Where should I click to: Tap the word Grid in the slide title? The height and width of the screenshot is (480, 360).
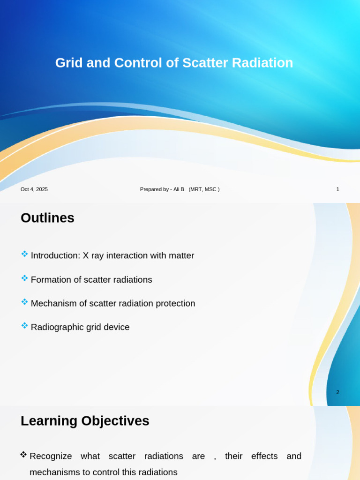tap(69, 63)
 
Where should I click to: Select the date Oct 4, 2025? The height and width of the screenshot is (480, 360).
tap(34, 189)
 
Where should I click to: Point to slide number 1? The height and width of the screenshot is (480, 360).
tap(337, 189)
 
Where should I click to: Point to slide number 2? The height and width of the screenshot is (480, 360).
tap(337, 392)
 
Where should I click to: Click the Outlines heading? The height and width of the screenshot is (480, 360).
tap(47, 218)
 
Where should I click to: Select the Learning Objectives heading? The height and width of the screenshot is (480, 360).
tap(85, 421)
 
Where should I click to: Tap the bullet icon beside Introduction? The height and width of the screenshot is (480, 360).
tap(24, 254)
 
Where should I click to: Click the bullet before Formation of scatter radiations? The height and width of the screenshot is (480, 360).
tap(24, 278)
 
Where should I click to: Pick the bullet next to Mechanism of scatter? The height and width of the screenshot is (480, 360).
tap(24, 302)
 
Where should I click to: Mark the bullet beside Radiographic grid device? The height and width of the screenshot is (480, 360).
tap(24, 326)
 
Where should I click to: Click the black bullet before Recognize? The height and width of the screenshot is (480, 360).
tap(23, 455)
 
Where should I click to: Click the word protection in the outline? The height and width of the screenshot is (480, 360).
tap(174, 304)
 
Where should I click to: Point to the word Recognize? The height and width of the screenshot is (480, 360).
tap(51, 456)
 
